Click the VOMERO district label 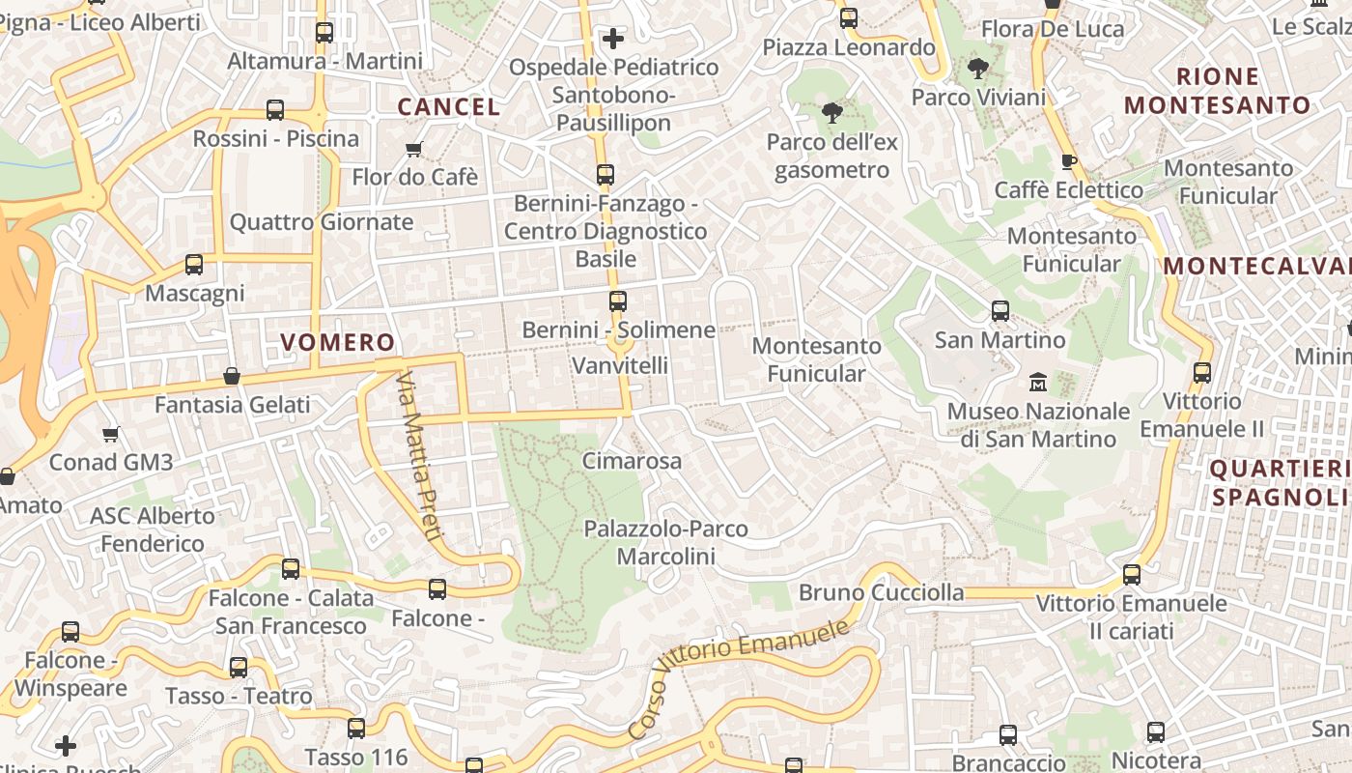pos(338,342)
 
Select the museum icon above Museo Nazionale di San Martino pos(1038,383)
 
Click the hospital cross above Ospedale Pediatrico pos(612,39)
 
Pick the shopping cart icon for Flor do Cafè pos(414,149)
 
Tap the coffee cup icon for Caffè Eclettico pos(1068,161)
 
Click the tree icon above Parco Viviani pos(977,69)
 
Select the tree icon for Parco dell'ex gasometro pos(831,113)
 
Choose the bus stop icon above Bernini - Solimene pos(618,301)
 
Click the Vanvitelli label pos(620,365)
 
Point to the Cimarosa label pos(632,461)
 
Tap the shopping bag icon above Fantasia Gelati pos(232,376)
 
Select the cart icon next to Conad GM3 pos(111,434)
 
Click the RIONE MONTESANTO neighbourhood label pos(1218,91)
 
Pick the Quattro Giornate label pos(322,222)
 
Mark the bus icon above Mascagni pos(194,264)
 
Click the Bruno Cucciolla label pos(882,592)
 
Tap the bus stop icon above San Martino pos(1000,311)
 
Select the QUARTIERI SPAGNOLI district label pos(1279,483)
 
